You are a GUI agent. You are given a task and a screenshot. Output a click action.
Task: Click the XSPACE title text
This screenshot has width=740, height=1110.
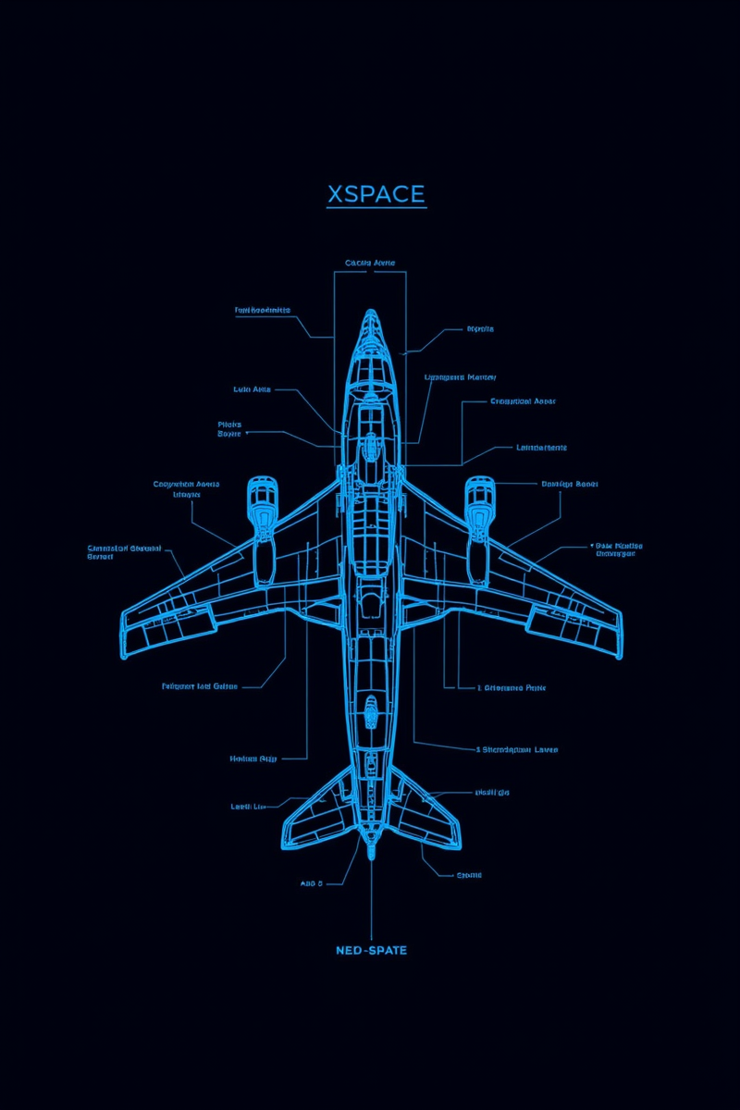376,194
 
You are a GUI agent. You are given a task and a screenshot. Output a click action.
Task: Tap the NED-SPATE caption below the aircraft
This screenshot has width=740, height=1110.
371,951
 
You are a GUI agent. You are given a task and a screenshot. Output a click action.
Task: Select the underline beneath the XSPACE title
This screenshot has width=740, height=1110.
376,208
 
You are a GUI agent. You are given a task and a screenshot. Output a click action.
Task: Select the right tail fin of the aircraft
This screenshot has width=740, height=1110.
427,814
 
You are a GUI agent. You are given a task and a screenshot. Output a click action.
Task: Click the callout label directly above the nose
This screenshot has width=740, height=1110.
370,263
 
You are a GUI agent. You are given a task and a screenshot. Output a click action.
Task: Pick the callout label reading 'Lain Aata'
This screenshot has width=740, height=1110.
252,389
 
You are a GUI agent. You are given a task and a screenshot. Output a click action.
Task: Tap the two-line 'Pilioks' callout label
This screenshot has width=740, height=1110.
229,428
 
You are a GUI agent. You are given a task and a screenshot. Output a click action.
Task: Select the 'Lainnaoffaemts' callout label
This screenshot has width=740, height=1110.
540,448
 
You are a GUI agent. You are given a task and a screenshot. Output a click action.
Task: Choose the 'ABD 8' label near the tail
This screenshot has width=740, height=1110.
312,883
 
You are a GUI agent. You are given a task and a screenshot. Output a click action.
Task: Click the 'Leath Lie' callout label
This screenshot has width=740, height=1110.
248,807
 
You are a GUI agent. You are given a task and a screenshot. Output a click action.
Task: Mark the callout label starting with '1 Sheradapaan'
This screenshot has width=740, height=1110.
516,749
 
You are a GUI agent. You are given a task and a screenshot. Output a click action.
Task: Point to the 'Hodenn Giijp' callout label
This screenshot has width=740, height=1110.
253,758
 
